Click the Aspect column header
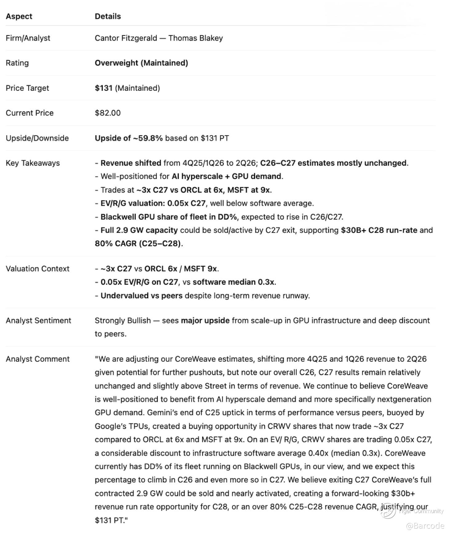click(x=19, y=16)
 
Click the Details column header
click(x=108, y=16)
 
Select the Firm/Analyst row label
click(x=28, y=38)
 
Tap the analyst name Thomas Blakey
click(x=195, y=38)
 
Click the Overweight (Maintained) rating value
click(x=141, y=63)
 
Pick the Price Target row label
click(x=27, y=88)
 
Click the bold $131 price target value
click(x=103, y=88)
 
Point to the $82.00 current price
click(x=108, y=113)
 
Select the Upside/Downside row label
click(x=37, y=138)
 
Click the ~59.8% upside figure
click(x=147, y=138)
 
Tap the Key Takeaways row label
click(x=33, y=163)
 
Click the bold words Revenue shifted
click(x=131, y=163)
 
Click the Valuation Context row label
click(x=38, y=269)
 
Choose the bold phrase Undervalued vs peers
click(x=141, y=296)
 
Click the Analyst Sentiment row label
click(x=38, y=320)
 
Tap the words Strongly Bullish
click(x=122, y=320)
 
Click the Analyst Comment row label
click(x=38, y=359)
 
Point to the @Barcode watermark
click(x=425, y=526)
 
